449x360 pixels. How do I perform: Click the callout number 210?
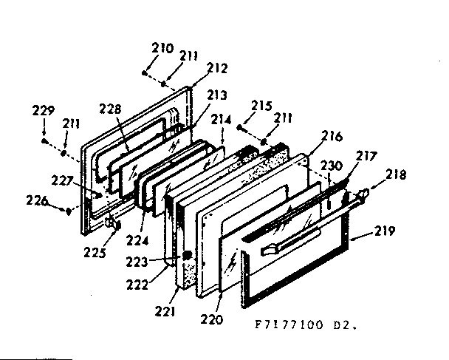click(x=162, y=49)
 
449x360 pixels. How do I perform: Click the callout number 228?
click(x=110, y=109)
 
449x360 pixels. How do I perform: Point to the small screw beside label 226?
click(x=68, y=210)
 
